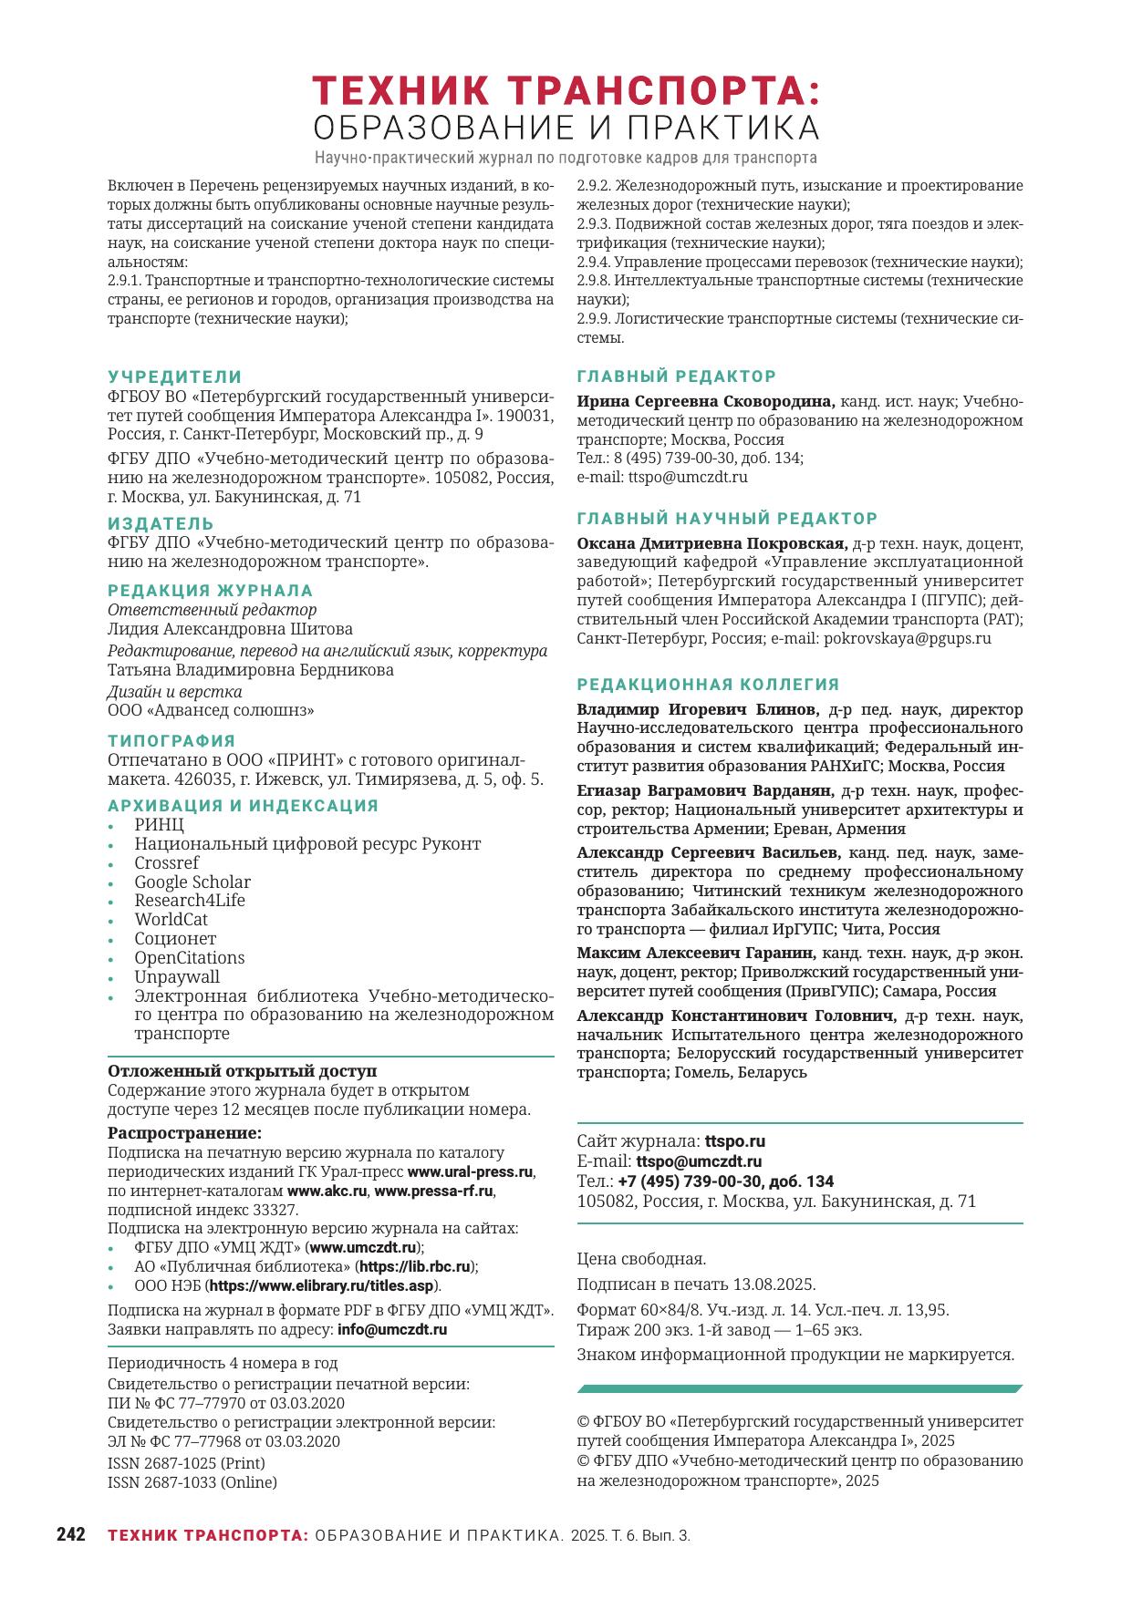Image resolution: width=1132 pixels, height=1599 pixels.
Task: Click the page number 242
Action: click(x=71, y=1534)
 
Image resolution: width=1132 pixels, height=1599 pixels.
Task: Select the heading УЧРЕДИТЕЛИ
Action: click(x=175, y=377)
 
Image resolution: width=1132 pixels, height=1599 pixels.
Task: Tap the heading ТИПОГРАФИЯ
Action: click(x=171, y=740)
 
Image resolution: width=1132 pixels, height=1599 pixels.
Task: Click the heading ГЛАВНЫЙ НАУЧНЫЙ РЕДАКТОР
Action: click(x=727, y=518)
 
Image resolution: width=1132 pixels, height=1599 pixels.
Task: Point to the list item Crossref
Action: click(x=166, y=862)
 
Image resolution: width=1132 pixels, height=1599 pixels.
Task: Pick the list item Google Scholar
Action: click(x=192, y=882)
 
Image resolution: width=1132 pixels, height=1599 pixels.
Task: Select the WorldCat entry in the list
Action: click(x=171, y=919)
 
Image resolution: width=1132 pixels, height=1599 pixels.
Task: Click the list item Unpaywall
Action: click(x=177, y=976)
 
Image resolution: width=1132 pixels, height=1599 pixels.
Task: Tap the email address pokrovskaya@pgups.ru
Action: click(x=907, y=638)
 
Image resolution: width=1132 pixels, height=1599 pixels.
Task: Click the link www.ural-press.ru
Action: click(x=470, y=1171)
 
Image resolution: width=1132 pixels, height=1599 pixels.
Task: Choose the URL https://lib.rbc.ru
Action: click(x=415, y=1266)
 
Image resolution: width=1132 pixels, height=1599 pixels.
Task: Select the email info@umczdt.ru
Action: click(x=392, y=1329)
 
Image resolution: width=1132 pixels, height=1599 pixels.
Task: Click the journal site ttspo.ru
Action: click(x=734, y=1141)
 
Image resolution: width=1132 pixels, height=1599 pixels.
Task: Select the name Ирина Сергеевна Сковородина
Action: click(x=705, y=401)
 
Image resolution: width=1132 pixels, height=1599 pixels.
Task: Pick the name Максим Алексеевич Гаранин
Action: click(x=696, y=953)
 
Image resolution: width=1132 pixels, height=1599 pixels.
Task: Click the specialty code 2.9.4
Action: click(x=594, y=262)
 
